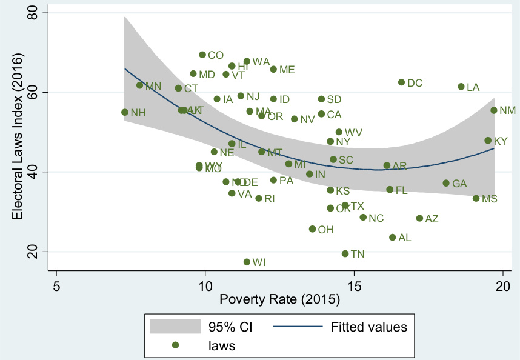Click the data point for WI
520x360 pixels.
click(247, 262)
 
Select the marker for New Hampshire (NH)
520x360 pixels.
click(125, 112)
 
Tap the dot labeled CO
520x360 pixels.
click(202, 55)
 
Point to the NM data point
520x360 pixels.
click(494, 110)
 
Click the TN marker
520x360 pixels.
click(345, 253)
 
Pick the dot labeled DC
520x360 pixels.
click(401, 82)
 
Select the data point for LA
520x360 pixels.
click(461, 87)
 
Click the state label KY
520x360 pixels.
click(501, 141)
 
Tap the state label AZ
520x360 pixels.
click(432, 219)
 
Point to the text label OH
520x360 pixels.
click(325, 230)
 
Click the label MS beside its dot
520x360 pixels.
click(489, 199)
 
